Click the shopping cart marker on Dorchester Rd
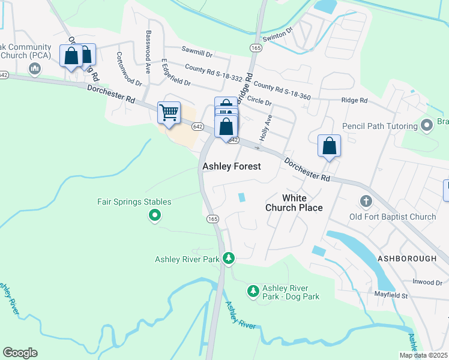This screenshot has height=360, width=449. [x=169, y=112]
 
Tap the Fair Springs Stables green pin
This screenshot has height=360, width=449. [x=155, y=214]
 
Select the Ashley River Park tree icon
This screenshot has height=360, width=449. [x=228, y=259]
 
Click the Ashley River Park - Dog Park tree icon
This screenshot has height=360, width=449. [x=253, y=292]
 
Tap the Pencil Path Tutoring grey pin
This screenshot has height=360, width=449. [x=427, y=126]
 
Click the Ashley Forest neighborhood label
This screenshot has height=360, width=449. [x=232, y=166]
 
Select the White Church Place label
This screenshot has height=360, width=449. [x=294, y=203]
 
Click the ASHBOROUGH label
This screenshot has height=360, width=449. [x=406, y=257]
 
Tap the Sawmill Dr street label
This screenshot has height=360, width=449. [x=200, y=53]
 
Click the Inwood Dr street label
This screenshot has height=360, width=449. [x=427, y=282]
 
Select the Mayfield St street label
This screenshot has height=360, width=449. [x=391, y=295]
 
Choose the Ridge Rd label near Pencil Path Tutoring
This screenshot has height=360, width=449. [x=354, y=101]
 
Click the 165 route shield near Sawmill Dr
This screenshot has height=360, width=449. [x=256, y=47]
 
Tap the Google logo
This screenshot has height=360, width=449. [x=20, y=353]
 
